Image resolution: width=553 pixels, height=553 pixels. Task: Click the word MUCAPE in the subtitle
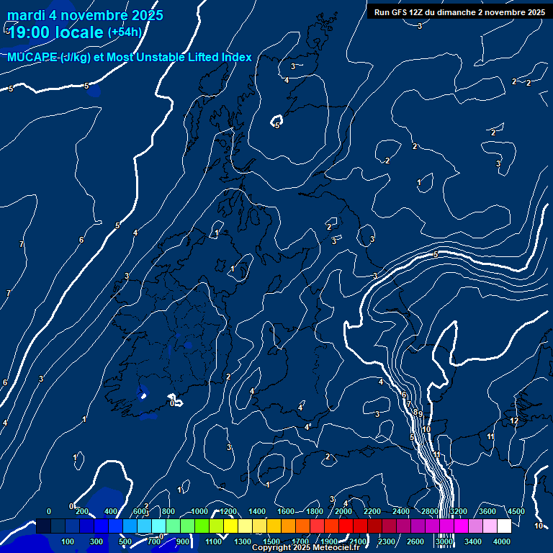click(x=30, y=58)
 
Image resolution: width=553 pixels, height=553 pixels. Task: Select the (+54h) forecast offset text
click(x=125, y=32)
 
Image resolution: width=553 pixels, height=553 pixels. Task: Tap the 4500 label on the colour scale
click(x=516, y=511)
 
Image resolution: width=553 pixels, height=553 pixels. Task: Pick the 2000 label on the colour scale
click(x=343, y=511)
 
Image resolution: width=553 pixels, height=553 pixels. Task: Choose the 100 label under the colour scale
click(x=68, y=541)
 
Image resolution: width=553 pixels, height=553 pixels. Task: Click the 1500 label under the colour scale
click(x=271, y=541)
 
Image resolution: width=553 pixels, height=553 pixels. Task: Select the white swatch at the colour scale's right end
click(x=504, y=526)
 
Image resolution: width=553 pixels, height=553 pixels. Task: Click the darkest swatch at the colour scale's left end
click(x=43, y=526)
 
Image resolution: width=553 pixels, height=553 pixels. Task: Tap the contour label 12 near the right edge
click(x=514, y=421)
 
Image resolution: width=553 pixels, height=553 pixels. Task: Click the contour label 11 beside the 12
click(x=490, y=436)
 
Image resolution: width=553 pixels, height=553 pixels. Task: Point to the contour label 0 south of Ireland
click(x=172, y=403)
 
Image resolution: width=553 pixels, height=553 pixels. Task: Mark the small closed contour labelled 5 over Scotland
click(x=276, y=124)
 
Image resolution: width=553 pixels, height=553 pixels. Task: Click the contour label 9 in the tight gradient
click(x=420, y=414)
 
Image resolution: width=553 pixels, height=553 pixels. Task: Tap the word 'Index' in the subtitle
click(x=235, y=58)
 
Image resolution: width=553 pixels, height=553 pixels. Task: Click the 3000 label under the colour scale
click(x=444, y=541)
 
